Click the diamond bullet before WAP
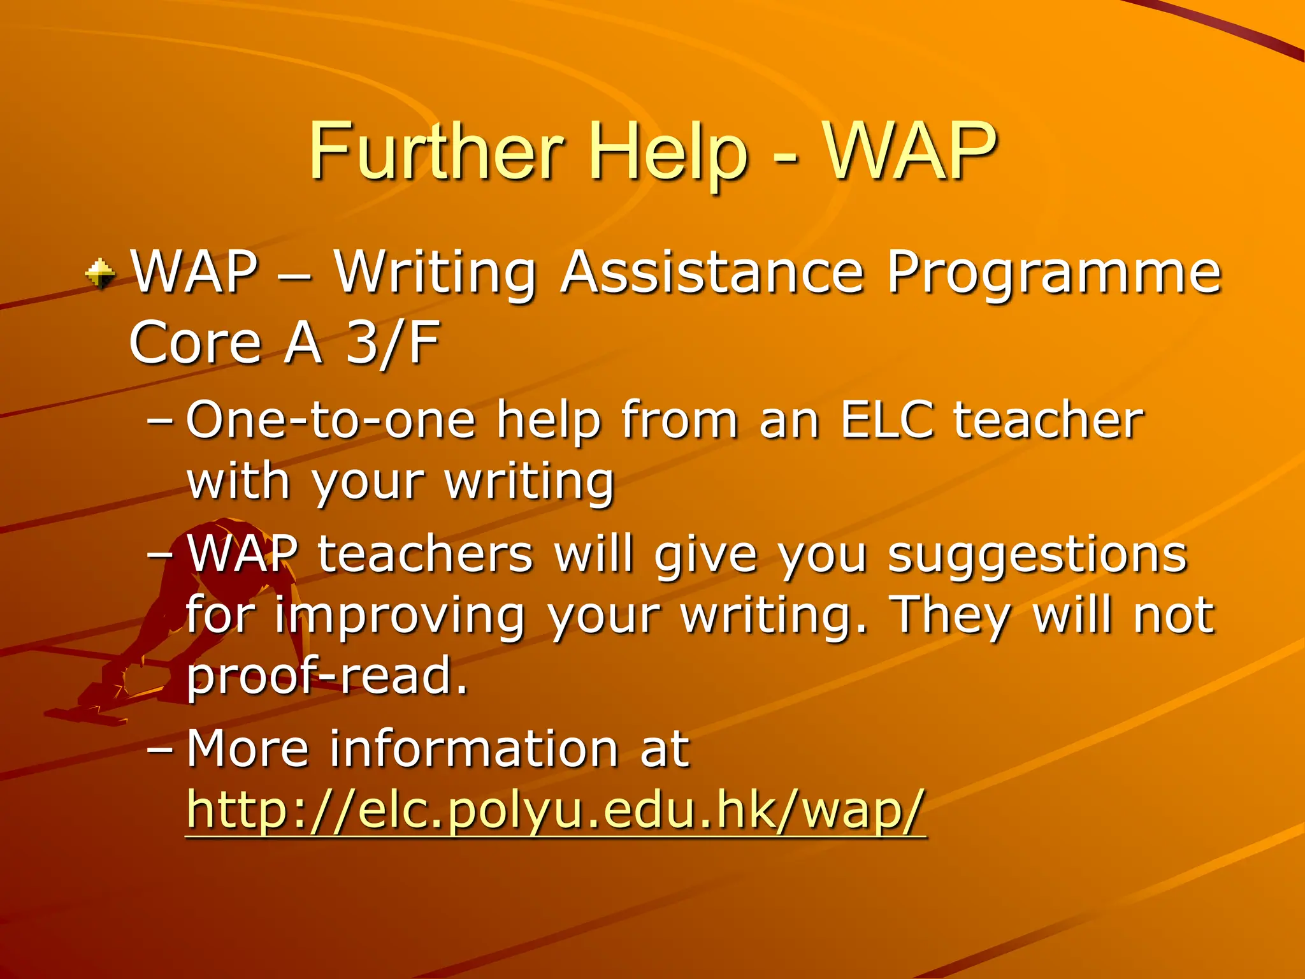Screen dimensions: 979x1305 (100, 274)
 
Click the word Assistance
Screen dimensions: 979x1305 (712, 273)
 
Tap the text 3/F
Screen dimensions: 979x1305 (392, 343)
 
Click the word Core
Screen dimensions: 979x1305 (195, 343)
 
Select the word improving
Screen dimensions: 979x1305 (400, 617)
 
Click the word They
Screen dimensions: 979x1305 (950, 616)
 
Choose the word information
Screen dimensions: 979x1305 (474, 749)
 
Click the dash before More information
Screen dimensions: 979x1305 (159, 749)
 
